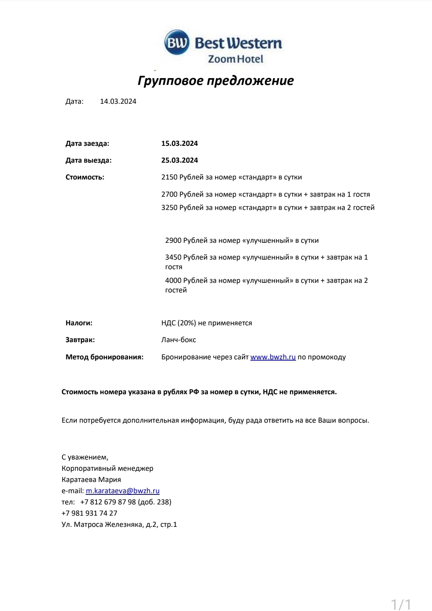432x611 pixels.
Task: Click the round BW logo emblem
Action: click(x=176, y=42)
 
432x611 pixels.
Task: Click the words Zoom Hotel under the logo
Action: click(x=235, y=59)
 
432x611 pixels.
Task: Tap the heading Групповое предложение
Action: click(x=216, y=81)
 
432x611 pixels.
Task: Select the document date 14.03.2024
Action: click(x=118, y=101)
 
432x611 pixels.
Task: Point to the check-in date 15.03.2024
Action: click(x=180, y=143)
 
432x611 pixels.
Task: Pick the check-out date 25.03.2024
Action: click(x=180, y=160)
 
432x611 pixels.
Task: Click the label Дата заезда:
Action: click(x=87, y=143)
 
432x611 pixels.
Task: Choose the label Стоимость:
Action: click(x=85, y=177)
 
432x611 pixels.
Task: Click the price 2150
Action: click(x=169, y=177)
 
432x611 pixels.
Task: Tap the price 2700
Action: click(x=169, y=194)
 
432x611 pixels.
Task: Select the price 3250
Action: click(x=169, y=208)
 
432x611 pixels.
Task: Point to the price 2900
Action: click(x=173, y=240)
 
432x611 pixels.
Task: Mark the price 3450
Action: click(x=173, y=257)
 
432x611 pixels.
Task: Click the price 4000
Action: click(x=173, y=280)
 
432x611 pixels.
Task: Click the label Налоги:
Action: click(x=79, y=323)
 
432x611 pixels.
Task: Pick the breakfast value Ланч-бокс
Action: click(x=178, y=340)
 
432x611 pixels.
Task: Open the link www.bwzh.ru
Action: click(x=273, y=357)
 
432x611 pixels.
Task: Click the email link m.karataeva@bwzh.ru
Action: click(x=122, y=491)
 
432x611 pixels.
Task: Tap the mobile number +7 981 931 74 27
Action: click(x=89, y=513)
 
